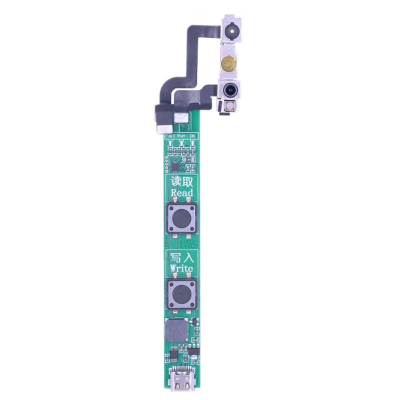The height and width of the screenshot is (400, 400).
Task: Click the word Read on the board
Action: pyautogui.click(x=181, y=193)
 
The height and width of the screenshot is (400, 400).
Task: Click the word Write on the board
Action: pyautogui.click(x=181, y=268)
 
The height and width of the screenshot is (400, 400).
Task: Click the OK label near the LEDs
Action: pyautogui.click(x=193, y=136)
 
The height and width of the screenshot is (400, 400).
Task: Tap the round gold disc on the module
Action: pyautogui.click(x=229, y=63)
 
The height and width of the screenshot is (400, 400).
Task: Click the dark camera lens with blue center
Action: pyautogui.click(x=230, y=90)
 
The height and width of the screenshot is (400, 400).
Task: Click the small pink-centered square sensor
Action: pyautogui.click(x=230, y=106)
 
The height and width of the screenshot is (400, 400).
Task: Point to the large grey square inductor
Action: pyautogui.click(x=176, y=330)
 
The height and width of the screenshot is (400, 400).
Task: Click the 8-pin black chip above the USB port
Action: pyautogui.click(x=173, y=354)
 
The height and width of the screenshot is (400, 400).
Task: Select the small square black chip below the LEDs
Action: pyautogui.click(x=175, y=166)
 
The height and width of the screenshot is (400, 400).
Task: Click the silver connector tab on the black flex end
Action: pyautogui.click(x=161, y=129)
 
